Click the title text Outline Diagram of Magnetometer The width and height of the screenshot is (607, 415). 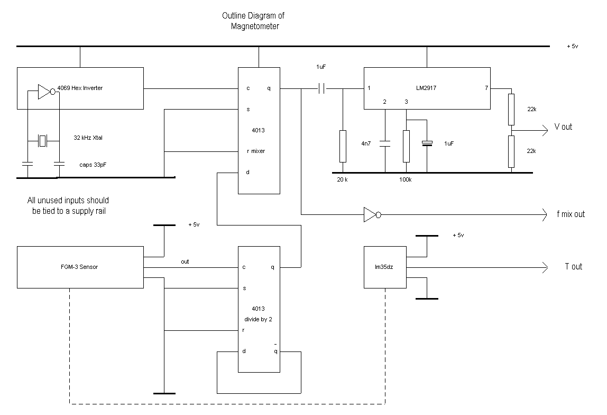253,21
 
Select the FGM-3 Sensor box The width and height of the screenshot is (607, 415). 80,267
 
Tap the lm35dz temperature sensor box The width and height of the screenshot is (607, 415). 385,267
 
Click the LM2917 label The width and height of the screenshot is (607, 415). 427,87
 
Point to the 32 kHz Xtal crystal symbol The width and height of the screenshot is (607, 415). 43,140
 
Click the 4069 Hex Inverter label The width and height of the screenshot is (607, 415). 80,88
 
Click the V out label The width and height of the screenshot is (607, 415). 563,127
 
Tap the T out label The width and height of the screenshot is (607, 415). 573,267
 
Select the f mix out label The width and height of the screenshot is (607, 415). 571,214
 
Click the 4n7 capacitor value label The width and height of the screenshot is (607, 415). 366,143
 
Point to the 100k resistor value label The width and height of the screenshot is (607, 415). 406,180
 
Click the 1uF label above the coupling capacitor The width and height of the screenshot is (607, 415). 321,67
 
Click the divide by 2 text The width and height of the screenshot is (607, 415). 258,319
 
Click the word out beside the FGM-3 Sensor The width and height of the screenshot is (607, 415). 185,261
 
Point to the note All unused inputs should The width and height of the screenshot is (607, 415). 68,201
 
